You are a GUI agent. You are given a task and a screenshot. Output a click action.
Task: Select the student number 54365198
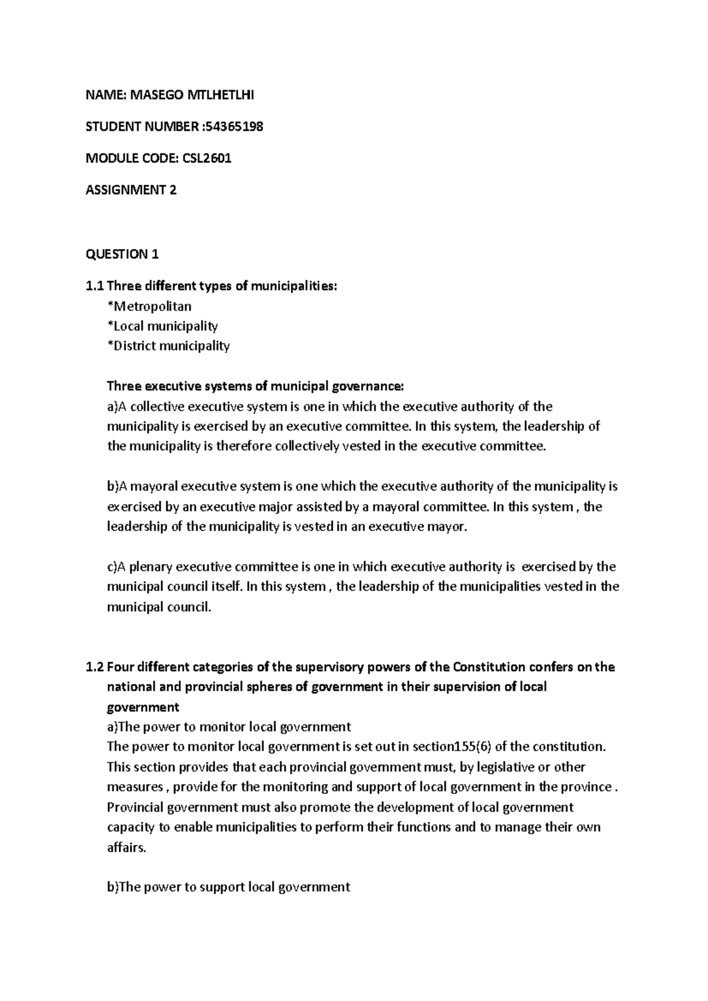click(232, 126)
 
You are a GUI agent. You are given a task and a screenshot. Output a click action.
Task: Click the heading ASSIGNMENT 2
click(131, 190)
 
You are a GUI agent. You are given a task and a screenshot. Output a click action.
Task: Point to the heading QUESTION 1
click(122, 254)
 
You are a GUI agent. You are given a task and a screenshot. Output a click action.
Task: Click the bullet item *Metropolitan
click(149, 306)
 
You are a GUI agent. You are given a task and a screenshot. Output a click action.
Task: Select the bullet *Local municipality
click(162, 326)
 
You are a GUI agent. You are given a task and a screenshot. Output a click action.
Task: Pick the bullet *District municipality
click(168, 346)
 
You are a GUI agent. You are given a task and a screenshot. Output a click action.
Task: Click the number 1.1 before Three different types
click(94, 287)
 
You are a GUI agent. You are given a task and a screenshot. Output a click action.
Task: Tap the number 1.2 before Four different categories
click(94, 668)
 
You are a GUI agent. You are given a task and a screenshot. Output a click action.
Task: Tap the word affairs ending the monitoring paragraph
click(125, 848)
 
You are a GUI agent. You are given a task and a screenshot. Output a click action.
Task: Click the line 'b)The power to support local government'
click(228, 887)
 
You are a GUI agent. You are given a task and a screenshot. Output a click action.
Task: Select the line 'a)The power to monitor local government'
click(228, 727)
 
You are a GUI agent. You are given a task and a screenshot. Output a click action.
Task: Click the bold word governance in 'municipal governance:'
click(368, 387)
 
